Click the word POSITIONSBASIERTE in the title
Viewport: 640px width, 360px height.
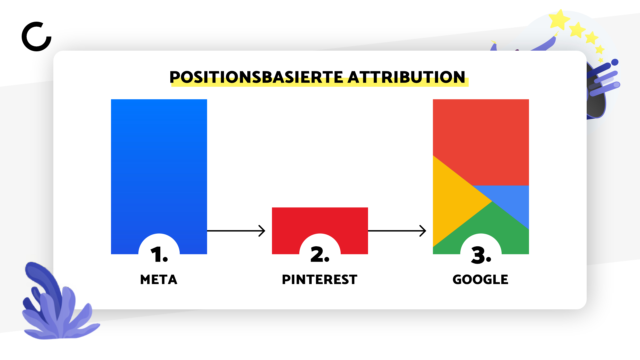tap(256, 77)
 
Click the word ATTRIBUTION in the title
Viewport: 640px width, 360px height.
tap(406, 77)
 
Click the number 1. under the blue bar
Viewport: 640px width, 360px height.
tap(159, 255)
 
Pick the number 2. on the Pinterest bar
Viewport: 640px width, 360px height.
tap(320, 255)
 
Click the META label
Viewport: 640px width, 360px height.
tap(159, 280)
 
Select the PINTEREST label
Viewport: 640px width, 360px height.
tap(320, 280)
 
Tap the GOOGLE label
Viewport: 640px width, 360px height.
tap(480, 280)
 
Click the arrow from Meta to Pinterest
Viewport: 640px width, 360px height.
tap(236, 231)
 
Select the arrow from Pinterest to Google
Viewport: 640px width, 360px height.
tap(397, 231)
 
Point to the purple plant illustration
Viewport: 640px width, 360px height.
tap(58, 307)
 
